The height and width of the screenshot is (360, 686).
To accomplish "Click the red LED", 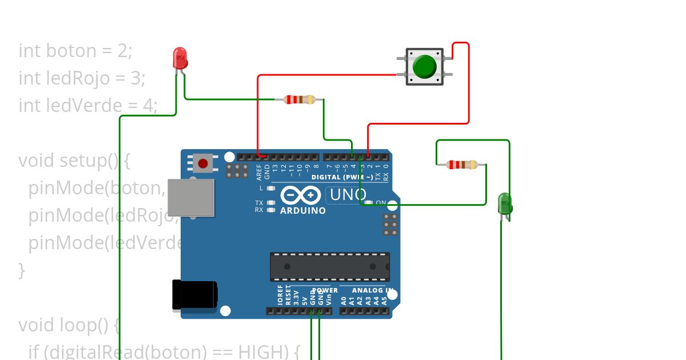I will [180, 59].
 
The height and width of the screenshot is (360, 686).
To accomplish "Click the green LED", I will [505, 204].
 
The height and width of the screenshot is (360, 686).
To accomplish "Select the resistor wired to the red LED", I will [299, 99].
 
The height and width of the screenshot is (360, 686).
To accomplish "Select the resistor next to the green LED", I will [462, 165].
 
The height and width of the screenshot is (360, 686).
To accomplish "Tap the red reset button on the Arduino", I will [202, 163].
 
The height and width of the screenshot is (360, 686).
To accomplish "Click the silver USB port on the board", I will [191, 198].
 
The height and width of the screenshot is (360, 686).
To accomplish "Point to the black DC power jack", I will [194, 295].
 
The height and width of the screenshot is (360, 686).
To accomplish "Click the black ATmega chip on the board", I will [330, 267].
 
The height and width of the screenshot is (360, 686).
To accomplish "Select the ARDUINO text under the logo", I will [303, 210].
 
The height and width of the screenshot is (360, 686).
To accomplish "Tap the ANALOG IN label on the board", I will [372, 290].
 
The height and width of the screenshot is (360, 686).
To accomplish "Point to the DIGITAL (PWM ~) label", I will [342, 177].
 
